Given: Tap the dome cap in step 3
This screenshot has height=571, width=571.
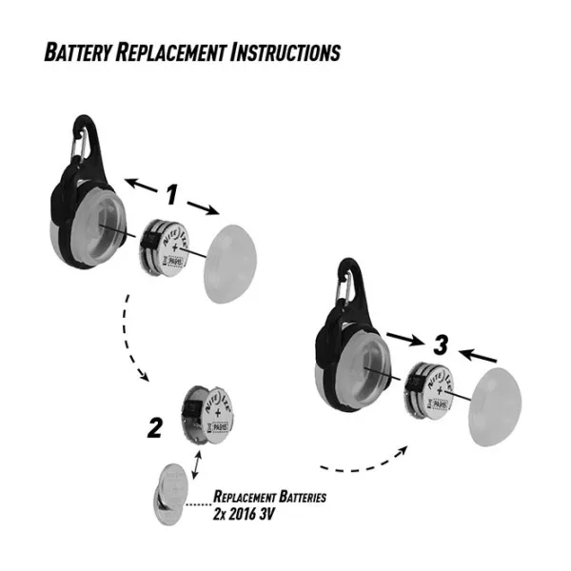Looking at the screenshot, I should pyautogui.click(x=501, y=405).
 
